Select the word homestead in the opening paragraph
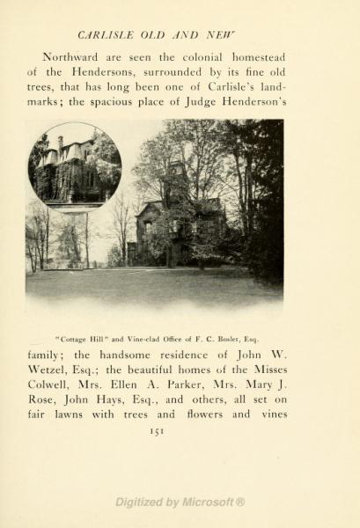pos(255,57)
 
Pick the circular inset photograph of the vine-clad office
pos(75,166)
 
